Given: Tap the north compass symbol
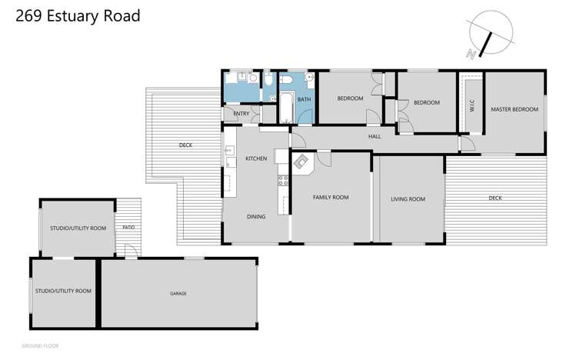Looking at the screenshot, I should click(490, 36).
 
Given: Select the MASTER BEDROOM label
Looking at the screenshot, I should click(514, 109).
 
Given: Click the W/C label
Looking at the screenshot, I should click(471, 108).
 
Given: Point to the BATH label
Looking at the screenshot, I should click(304, 99).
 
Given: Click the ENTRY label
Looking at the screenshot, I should click(241, 115).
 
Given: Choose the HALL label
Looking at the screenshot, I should click(375, 136).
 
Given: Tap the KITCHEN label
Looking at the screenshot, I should click(256, 158).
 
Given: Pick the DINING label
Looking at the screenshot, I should click(256, 216).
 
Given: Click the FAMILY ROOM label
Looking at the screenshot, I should click(331, 198).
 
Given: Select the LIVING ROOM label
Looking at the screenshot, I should click(408, 199).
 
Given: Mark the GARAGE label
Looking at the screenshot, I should click(178, 293).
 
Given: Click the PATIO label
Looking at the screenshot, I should click(129, 228).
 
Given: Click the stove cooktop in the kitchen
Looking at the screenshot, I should click(282, 182).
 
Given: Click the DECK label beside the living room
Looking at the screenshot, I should click(494, 198).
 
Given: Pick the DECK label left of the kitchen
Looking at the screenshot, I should click(185, 145).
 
